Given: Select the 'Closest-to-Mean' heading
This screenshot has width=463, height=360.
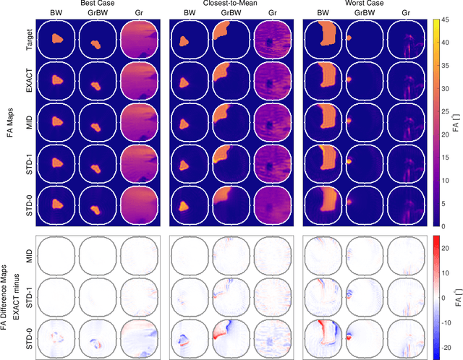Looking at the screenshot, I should (231, 4).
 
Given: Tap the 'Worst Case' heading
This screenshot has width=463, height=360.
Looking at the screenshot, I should (365, 4).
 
